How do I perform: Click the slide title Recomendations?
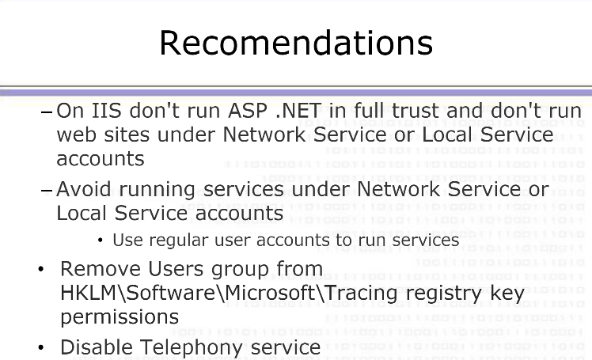[296, 43]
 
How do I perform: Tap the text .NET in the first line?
[298, 111]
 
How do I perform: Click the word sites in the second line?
[127, 135]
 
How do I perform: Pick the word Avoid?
[84, 188]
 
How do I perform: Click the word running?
[157, 190]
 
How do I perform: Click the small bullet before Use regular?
[100, 240]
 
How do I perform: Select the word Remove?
[101, 269]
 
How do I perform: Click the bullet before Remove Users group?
[41, 269]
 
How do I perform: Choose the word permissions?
[120, 317]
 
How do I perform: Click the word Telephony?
[191, 348]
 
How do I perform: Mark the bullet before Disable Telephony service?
[41, 347]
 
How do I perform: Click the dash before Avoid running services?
[47, 190]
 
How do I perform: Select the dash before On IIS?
[47, 112]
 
